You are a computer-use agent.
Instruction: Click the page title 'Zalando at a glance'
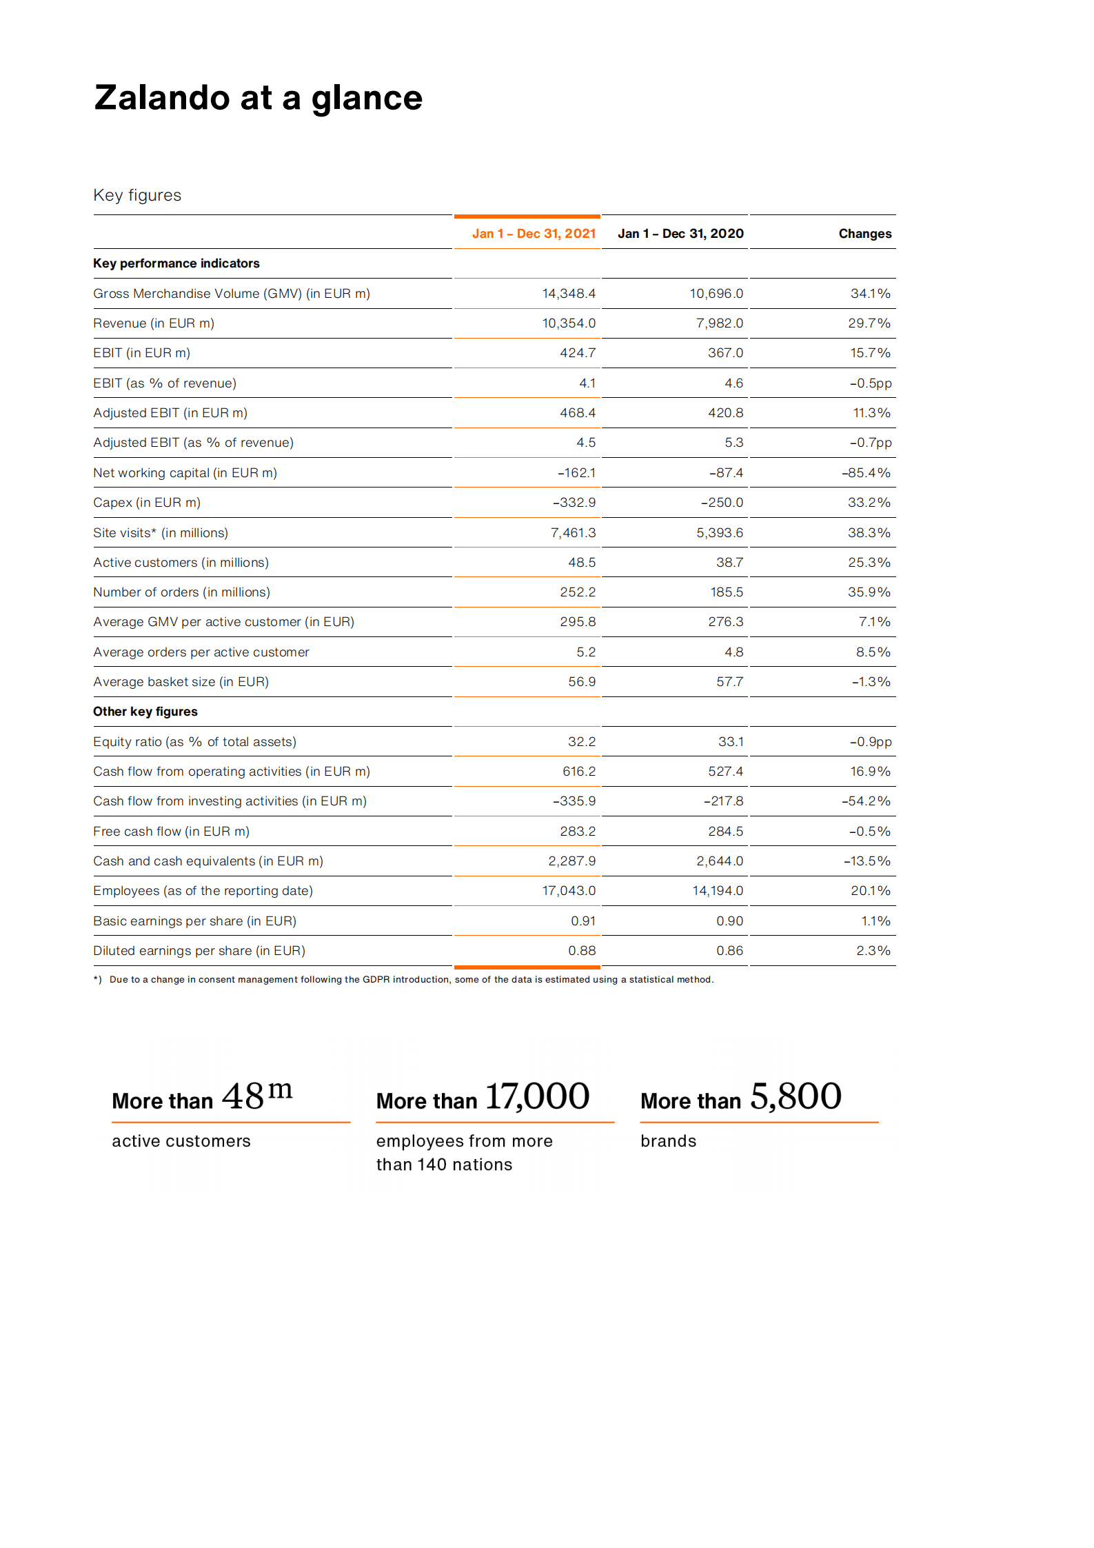tap(258, 98)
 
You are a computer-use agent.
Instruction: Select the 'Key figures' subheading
tap(137, 195)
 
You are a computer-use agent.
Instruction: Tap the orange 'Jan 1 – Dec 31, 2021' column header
tap(534, 234)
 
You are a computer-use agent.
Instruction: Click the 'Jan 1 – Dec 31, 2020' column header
tap(680, 234)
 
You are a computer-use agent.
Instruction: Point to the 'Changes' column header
tap(864, 234)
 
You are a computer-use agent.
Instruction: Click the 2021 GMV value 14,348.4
tap(569, 294)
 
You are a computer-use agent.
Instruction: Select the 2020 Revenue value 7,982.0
tap(719, 323)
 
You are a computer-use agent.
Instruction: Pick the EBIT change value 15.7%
tap(870, 353)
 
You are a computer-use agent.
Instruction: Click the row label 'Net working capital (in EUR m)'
tap(185, 473)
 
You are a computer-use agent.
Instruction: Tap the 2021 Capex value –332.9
tap(574, 503)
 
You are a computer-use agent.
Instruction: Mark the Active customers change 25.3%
tap(869, 563)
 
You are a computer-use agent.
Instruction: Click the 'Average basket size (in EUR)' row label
tap(181, 682)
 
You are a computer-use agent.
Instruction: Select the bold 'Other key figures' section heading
tap(145, 712)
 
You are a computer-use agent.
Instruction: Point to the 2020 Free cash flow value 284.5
tap(725, 832)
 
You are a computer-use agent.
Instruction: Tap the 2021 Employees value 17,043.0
tap(569, 891)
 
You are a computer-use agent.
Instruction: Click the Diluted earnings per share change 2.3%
tap(873, 951)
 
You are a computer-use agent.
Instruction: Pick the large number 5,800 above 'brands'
tap(796, 1096)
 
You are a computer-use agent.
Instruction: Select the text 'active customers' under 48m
tap(181, 1141)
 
